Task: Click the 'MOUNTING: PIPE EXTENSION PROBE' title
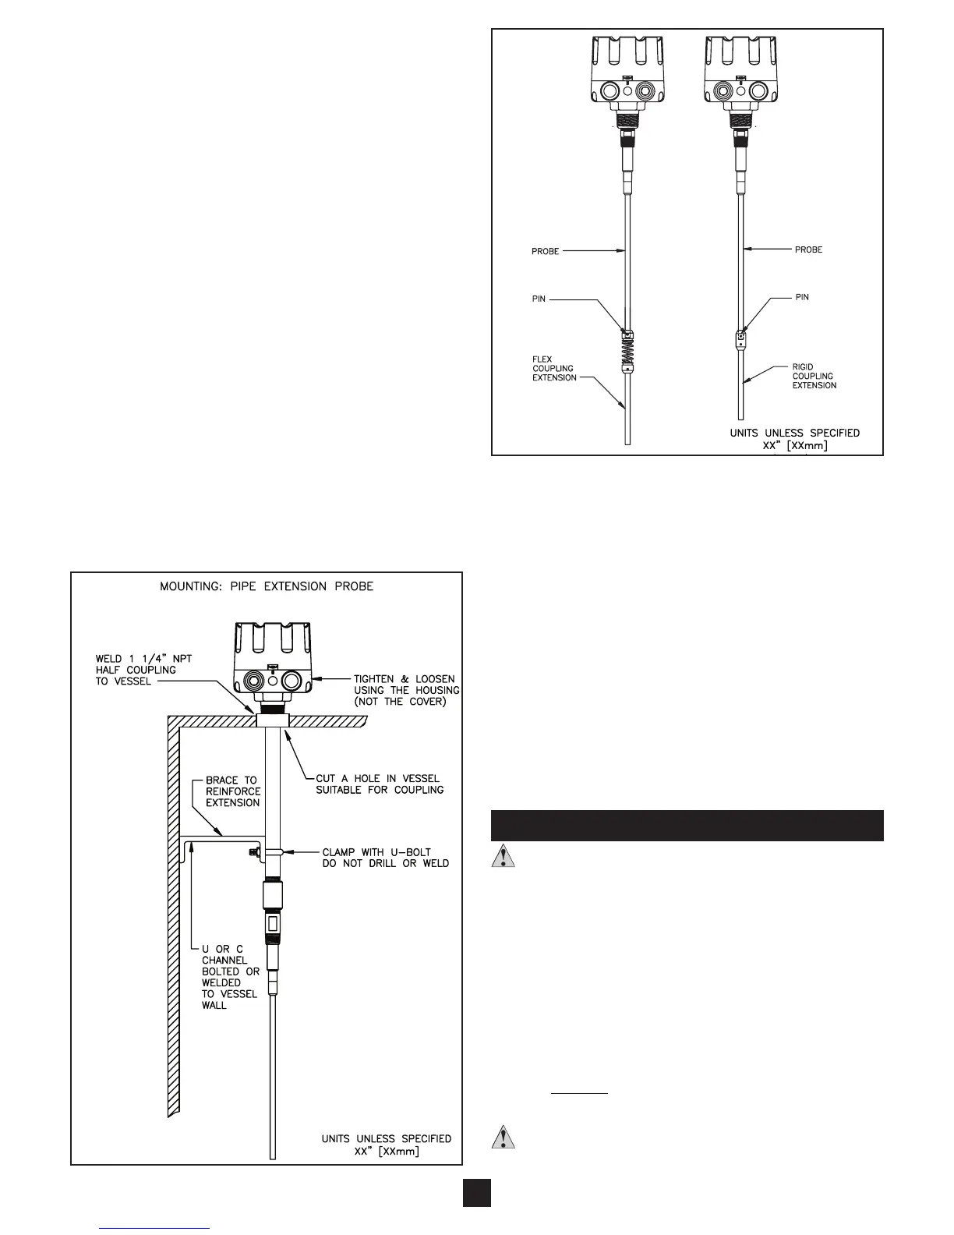pyautogui.click(x=267, y=586)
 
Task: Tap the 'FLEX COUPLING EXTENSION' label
pyautogui.click(x=554, y=369)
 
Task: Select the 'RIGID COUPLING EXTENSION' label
pyautogui.click(x=814, y=376)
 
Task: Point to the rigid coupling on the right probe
pyautogui.click(x=741, y=339)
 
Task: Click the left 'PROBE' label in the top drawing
pyautogui.click(x=546, y=251)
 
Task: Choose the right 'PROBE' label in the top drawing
pyautogui.click(x=808, y=249)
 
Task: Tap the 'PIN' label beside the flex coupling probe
pyautogui.click(x=539, y=299)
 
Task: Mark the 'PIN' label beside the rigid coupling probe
pyautogui.click(x=802, y=297)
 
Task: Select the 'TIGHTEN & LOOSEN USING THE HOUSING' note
pyautogui.click(x=406, y=690)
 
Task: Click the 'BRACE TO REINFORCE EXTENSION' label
pyautogui.click(x=233, y=791)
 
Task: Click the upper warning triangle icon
pyautogui.click(x=505, y=858)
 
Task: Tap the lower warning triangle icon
pyautogui.click(x=505, y=1138)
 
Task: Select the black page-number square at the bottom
pyautogui.click(x=476, y=1192)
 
